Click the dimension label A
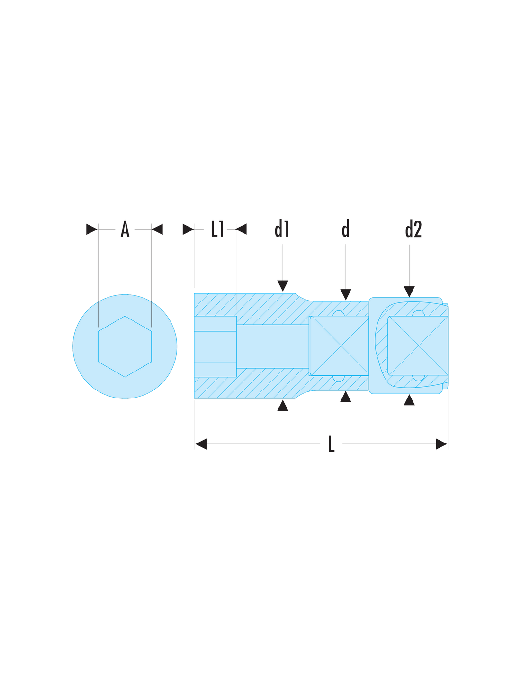coord(125,229)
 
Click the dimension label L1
coord(217,229)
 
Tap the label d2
coord(413,229)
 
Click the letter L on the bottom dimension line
coord(332,444)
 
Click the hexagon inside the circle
coord(125,346)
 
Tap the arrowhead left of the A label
coord(92,229)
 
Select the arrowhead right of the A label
coord(157,229)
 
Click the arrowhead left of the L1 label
coord(189,229)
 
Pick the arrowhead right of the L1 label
coord(241,229)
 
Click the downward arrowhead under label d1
coord(283,285)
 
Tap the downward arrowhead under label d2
coord(409,292)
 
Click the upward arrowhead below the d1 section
coord(283,406)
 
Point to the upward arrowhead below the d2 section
coord(409,399)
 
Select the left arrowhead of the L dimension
coord(201,444)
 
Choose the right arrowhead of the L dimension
coord(441,444)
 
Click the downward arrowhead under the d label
coord(346,294)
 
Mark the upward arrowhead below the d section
coord(346,397)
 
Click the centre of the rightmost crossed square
coord(418,345)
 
